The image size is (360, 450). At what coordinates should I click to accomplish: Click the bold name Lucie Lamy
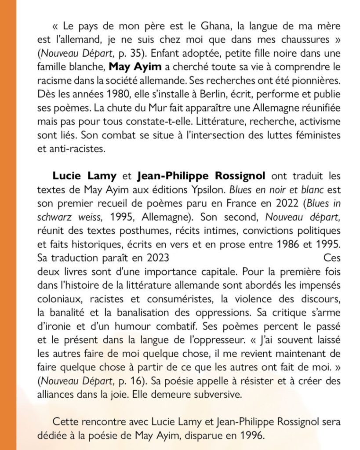(84, 176)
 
